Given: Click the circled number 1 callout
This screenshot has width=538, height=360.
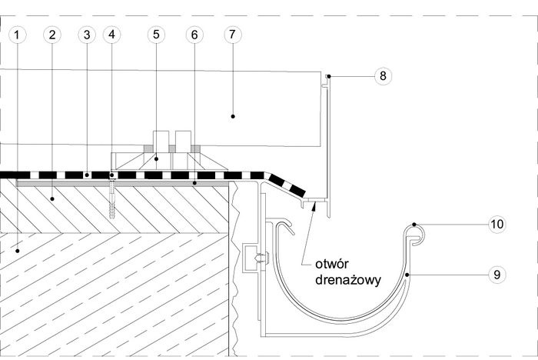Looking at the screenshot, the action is (17, 35).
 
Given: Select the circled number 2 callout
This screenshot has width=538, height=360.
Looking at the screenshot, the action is (52, 35).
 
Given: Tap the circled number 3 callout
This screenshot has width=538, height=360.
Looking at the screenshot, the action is (87, 35).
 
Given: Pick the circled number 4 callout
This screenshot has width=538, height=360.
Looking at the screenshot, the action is (112, 35).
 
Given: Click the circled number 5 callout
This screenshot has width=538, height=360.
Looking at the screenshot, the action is (156, 35).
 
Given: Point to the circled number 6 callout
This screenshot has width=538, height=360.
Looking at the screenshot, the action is (194, 35).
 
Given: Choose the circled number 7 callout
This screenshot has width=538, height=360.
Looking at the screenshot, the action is (233, 35).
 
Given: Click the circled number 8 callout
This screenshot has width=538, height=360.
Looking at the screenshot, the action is (383, 76).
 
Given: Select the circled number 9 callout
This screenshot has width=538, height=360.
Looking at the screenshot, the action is (497, 275).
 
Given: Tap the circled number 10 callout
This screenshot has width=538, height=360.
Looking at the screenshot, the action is (497, 225).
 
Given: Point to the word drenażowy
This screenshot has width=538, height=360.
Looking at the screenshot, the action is (348, 280).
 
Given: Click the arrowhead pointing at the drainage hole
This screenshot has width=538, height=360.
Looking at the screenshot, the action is (313, 205).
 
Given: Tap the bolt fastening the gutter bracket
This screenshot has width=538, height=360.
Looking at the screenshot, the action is (261, 258).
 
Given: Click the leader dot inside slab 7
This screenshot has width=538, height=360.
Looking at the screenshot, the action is (233, 116).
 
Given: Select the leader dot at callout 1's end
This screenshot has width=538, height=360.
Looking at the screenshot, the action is (17, 251).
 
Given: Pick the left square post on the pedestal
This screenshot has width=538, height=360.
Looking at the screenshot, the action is (161, 142).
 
